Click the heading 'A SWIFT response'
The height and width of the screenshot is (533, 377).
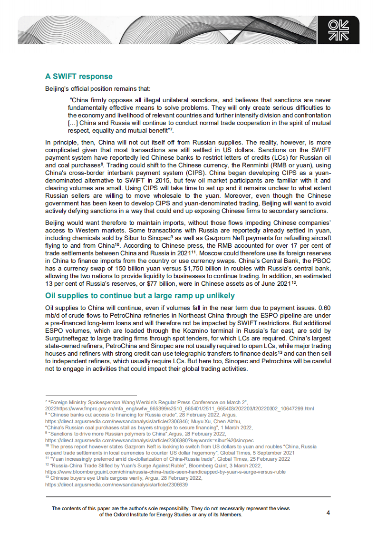click(x=79, y=76)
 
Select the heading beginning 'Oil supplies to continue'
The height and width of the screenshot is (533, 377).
click(x=140, y=296)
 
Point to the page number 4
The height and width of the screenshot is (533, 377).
click(x=328, y=513)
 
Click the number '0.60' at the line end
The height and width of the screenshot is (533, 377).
click(x=323, y=307)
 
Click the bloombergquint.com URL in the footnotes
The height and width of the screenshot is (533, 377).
click(x=165, y=472)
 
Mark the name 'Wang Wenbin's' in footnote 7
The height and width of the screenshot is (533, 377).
click(x=125, y=402)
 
